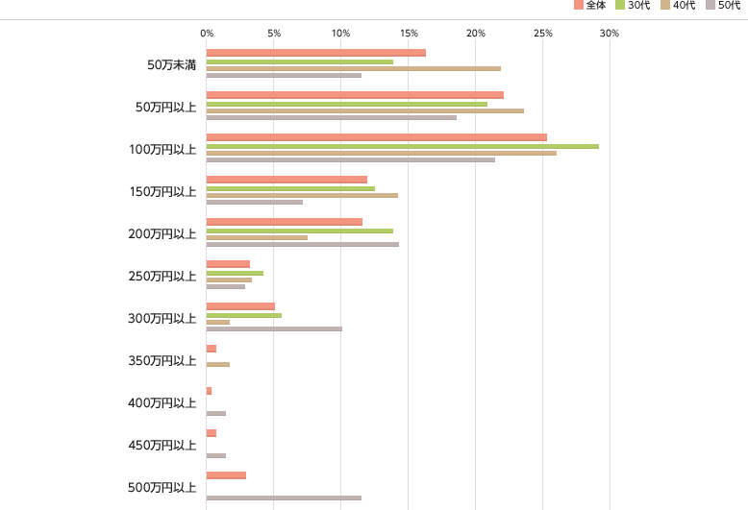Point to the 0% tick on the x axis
pyautogui.click(x=207, y=34)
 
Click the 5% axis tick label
pyautogui.click(x=274, y=34)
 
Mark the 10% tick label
pyautogui.click(x=340, y=34)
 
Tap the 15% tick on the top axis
pyautogui.click(x=408, y=34)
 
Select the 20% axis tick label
pyautogui.click(x=475, y=34)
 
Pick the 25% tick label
pyautogui.click(x=542, y=34)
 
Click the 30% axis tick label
pyautogui.click(x=609, y=34)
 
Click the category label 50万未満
pyautogui.click(x=171, y=64)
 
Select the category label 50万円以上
pyautogui.click(x=166, y=107)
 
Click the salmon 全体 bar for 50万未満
pyautogui.click(x=316, y=53)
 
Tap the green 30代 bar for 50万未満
pyautogui.click(x=300, y=61)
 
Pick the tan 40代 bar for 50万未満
pyautogui.click(x=354, y=68)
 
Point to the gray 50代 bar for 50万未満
pyautogui.click(x=284, y=75)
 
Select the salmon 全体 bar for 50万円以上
pyautogui.click(x=355, y=95)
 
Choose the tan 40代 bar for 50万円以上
pyautogui.click(x=365, y=110)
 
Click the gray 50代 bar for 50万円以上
pyautogui.click(x=332, y=117)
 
